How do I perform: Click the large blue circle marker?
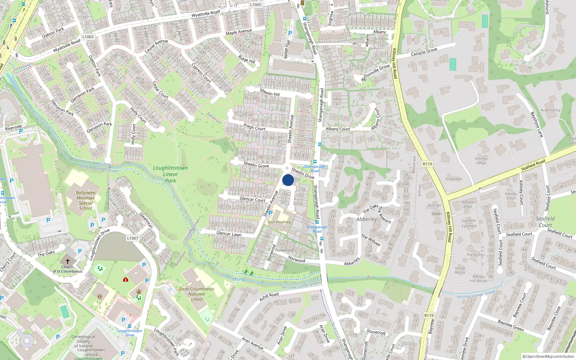coord(288,180)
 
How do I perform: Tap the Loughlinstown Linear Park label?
coord(170,174)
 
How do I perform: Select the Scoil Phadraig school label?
coord(279,222)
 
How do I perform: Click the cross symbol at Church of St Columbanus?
coord(67,261)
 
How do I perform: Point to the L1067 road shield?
coord(132,238)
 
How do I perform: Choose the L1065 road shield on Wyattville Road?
coord(88,37)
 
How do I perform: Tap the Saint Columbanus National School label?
coord(197,294)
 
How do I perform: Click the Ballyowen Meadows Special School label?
coord(86,201)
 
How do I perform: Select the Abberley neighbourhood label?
coord(366,219)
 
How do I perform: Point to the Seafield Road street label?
coord(533,165)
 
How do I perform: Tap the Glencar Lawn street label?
coord(229,234)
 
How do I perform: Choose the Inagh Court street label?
coord(255,127)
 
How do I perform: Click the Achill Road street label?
coord(269,297)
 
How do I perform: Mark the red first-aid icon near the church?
coord(126,279)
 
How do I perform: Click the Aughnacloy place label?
coord(550,110)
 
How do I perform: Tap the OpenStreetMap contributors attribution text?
coord(548,357)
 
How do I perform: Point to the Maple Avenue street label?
coord(239,32)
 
